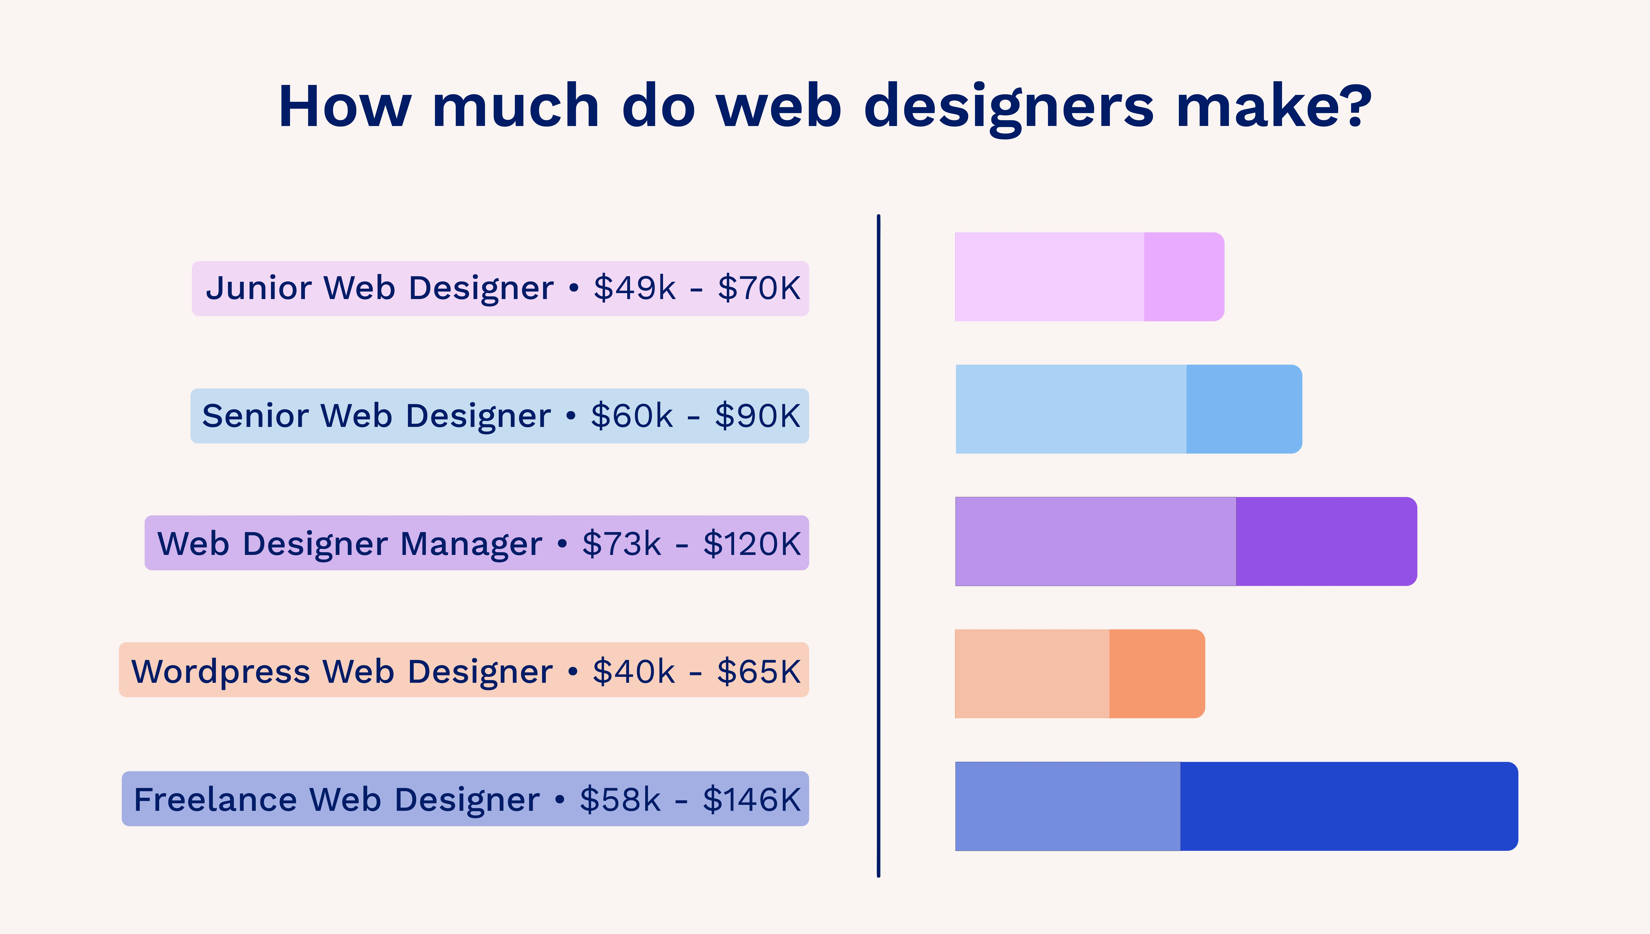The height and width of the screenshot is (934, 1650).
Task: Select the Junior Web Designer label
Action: [500, 288]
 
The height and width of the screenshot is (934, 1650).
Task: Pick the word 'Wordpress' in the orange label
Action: [221, 672]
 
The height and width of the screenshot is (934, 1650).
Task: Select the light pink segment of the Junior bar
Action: [1049, 276]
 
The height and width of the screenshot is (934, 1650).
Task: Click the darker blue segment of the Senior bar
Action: [1243, 409]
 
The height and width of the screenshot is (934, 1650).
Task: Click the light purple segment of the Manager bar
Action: [1095, 541]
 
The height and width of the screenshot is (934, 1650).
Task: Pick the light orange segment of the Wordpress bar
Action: [1032, 673]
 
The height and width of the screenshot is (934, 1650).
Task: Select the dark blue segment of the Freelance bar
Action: [1349, 806]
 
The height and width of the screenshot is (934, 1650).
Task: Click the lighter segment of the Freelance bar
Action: [1068, 806]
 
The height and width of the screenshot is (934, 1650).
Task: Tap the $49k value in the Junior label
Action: [634, 288]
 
